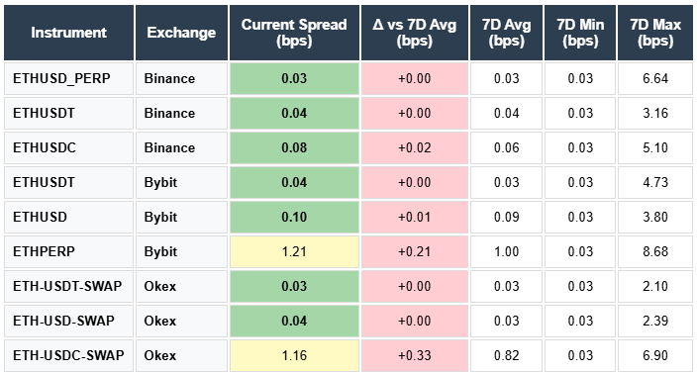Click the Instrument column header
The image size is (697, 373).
(x=68, y=33)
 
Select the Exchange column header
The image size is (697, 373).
(x=181, y=33)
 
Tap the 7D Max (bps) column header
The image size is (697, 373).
(x=654, y=33)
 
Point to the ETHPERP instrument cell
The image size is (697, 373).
(x=45, y=251)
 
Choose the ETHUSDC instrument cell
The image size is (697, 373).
(x=45, y=147)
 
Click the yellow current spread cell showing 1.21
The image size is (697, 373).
(x=293, y=251)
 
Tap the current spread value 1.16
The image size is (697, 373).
(x=293, y=354)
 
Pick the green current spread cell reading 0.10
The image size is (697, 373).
(x=293, y=217)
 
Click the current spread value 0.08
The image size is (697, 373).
(x=293, y=147)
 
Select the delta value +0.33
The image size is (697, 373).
(x=414, y=354)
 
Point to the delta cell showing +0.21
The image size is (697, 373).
(x=414, y=251)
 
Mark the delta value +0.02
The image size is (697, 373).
(x=414, y=147)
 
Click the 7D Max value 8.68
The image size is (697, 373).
(x=654, y=251)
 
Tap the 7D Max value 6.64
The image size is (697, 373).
(x=654, y=78)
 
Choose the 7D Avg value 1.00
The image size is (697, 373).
(x=505, y=251)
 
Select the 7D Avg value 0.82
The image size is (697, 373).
(x=505, y=354)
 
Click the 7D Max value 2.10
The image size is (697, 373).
(x=654, y=286)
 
